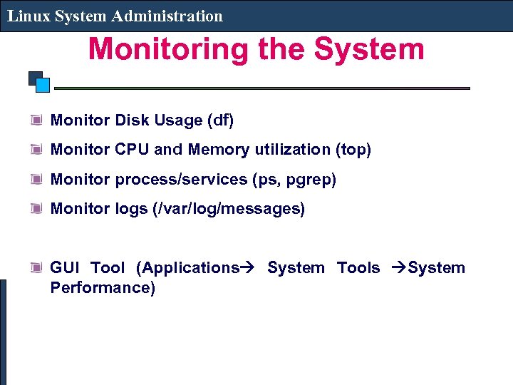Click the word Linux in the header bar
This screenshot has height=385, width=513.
(x=26, y=16)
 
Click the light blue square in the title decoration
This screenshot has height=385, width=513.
(x=43, y=86)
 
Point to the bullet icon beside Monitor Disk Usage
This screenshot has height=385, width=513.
(x=36, y=120)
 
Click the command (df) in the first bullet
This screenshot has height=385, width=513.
(x=220, y=120)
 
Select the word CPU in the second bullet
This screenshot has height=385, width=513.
(x=132, y=150)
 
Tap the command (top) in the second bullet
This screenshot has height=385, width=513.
(x=353, y=150)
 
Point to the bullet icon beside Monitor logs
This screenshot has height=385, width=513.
(x=36, y=208)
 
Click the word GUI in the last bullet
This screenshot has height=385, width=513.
(x=65, y=268)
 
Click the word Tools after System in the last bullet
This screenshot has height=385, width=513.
(x=358, y=268)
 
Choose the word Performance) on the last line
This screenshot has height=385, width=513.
(x=103, y=288)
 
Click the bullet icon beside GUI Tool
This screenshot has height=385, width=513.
(x=36, y=268)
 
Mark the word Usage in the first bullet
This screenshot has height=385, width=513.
(x=178, y=120)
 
